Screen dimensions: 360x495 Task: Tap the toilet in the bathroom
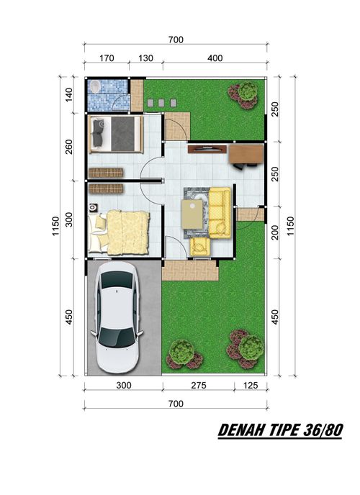coord(95,86)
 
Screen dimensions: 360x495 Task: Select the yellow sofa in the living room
coord(220,213)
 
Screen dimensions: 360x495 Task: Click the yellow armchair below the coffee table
coord(200,247)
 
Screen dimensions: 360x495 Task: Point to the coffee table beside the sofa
coord(192,214)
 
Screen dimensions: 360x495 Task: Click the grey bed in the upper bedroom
coord(116,134)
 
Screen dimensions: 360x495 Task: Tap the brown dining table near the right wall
coord(246,155)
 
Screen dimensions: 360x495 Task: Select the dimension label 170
coord(107,58)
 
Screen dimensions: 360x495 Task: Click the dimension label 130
coord(145,58)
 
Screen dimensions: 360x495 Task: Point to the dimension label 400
coord(215,58)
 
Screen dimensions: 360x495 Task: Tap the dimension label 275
coord(199,385)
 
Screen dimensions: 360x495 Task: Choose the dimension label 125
coord(251,385)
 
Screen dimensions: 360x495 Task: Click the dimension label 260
coord(69,147)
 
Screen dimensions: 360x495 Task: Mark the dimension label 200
coord(275,232)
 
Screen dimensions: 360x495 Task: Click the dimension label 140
coord(69,95)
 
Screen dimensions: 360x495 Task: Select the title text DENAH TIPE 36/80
coord(280,430)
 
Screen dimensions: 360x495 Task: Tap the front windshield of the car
coord(116,337)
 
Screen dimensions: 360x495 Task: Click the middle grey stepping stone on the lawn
coord(161,103)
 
